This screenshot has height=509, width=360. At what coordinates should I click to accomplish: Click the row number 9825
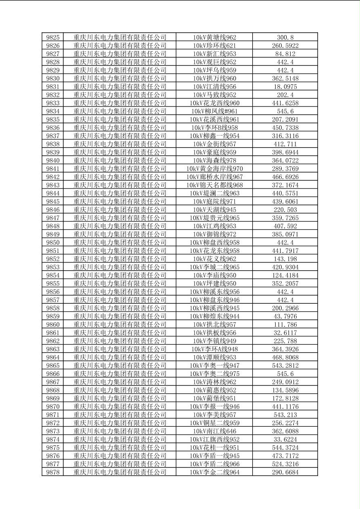[53, 38]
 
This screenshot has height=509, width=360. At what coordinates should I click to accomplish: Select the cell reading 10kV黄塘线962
[214, 38]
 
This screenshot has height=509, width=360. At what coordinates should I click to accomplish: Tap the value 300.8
[285, 38]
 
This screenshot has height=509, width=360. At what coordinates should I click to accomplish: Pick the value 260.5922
[285, 46]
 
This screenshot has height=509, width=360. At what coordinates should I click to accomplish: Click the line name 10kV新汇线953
[214, 54]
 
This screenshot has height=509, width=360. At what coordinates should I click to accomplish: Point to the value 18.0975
[285, 87]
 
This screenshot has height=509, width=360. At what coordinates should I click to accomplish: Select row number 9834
[53, 111]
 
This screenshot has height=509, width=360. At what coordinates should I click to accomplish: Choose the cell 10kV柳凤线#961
[214, 111]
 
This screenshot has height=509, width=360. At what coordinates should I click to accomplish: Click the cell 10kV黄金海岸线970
[214, 169]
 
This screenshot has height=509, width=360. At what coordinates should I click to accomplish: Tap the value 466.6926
[285, 177]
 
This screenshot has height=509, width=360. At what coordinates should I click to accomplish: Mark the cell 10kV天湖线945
[214, 210]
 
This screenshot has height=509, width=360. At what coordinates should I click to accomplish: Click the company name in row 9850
[120, 242]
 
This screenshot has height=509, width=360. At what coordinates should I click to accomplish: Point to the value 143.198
[285, 259]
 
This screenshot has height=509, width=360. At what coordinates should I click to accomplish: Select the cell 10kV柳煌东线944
[214, 316]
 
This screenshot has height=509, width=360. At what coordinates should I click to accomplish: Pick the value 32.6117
[285, 333]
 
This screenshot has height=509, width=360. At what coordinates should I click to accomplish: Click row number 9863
[53, 349]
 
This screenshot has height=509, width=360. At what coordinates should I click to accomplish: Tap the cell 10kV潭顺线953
[214, 357]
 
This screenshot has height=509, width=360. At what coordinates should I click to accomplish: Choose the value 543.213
[285, 415]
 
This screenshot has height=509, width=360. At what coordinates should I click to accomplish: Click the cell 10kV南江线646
[214, 431]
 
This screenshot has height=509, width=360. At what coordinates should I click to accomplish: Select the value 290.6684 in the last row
[285, 472]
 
